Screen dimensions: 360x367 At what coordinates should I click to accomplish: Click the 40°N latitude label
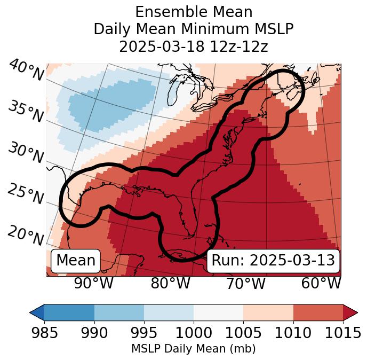(x=26, y=71)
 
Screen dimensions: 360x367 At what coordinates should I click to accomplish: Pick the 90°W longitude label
(x=94, y=283)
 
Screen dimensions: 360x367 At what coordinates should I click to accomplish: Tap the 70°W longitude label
(x=245, y=283)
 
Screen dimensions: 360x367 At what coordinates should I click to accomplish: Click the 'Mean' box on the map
(x=76, y=261)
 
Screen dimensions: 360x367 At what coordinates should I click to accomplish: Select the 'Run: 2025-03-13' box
(x=273, y=261)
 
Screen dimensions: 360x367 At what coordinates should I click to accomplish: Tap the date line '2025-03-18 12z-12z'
(x=194, y=46)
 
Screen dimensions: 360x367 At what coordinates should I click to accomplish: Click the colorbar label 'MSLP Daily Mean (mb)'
(x=194, y=349)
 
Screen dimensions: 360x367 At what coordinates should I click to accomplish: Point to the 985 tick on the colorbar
(x=44, y=333)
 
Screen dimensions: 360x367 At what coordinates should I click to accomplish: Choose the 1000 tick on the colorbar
(x=194, y=333)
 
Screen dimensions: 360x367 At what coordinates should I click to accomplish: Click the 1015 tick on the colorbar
(x=342, y=333)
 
